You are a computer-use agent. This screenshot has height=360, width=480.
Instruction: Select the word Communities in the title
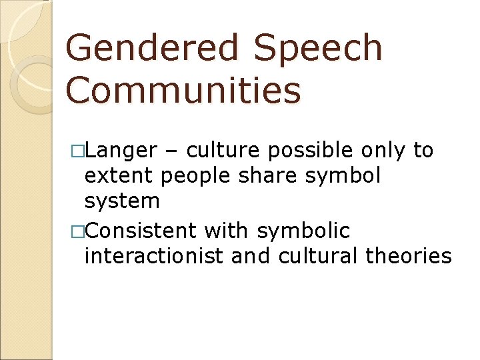(x=184, y=91)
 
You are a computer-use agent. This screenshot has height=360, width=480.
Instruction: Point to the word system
(x=123, y=201)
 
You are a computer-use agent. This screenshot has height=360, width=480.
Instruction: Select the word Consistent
(x=141, y=231)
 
